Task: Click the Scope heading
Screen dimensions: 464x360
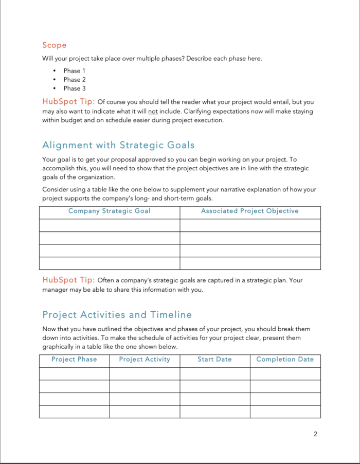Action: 54,45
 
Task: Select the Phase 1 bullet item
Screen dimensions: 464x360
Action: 75,70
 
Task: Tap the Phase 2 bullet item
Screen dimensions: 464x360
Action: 75,80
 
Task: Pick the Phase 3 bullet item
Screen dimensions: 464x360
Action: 75,88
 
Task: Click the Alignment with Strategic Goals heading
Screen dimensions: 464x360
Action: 118,145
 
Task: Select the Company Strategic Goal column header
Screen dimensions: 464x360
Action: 109,211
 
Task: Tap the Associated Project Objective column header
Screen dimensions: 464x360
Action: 249,211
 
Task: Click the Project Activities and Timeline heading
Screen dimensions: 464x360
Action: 117,315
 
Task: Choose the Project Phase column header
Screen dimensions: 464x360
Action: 74,359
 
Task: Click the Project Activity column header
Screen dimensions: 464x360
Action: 145,359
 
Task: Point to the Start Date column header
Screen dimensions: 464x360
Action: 214,359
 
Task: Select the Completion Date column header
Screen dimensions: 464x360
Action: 285,359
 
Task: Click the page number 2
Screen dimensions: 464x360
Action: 315,434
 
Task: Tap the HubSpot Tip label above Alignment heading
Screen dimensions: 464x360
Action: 68,102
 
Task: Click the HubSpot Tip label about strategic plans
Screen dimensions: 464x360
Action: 68,280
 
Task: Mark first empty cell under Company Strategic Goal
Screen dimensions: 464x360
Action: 109,225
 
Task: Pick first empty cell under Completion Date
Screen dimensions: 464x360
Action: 285,373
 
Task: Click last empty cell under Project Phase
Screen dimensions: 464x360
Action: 74,412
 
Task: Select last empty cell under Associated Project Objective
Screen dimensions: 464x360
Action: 249,263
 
